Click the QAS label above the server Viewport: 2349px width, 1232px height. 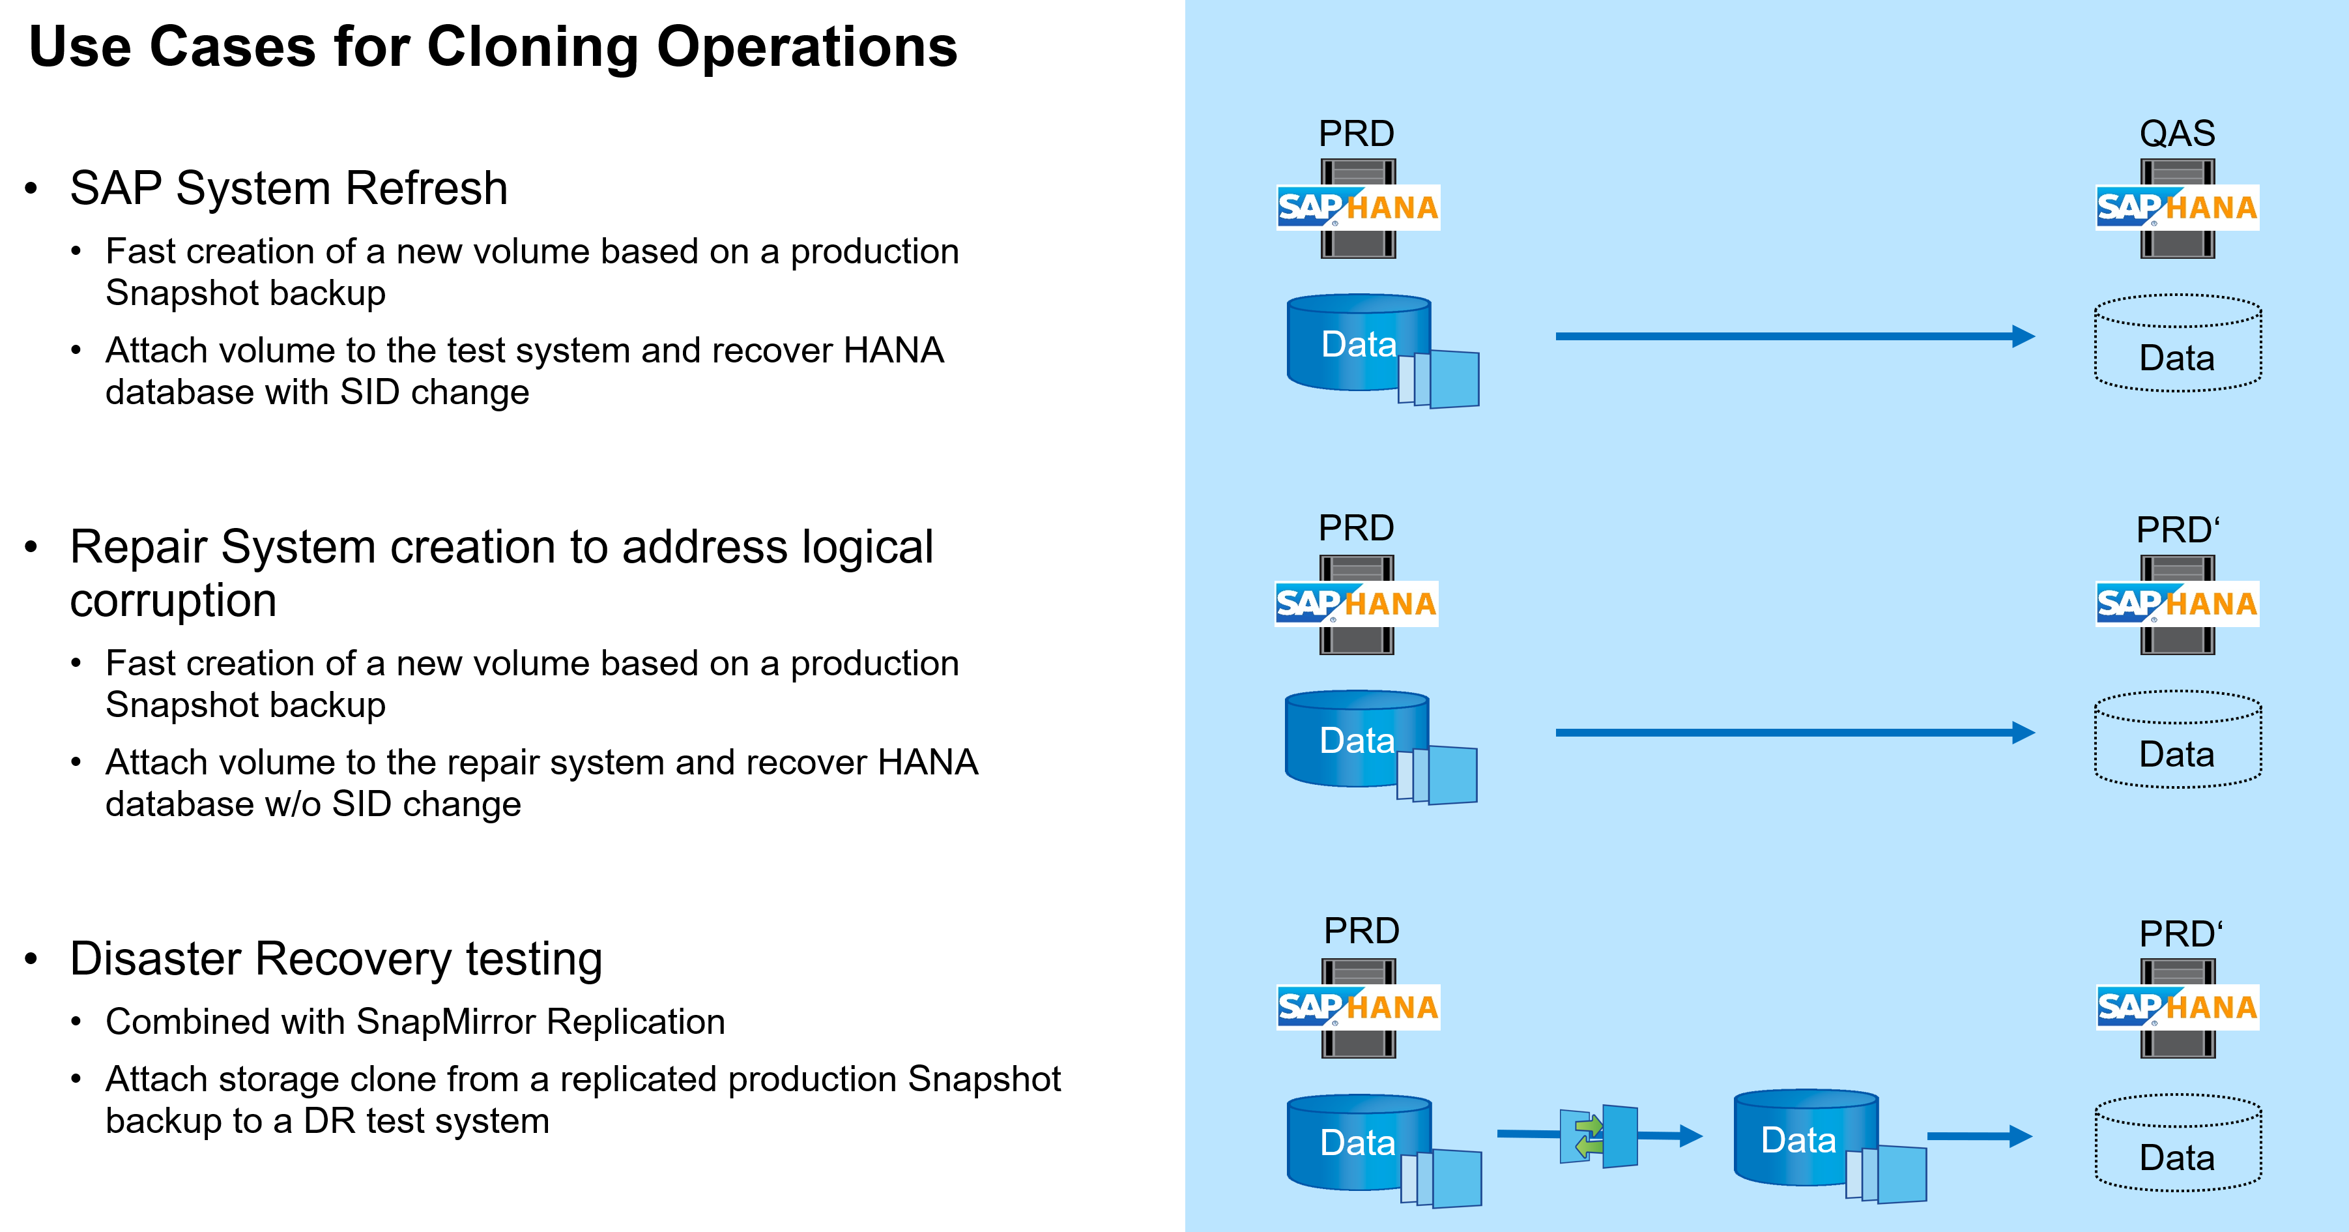point(2177,134)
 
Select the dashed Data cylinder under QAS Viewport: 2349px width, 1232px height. point(2177,344)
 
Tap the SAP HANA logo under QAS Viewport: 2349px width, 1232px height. point(2177,208)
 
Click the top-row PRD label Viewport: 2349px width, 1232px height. point(1356,134)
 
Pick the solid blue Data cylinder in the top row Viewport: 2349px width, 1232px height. point(1359,343)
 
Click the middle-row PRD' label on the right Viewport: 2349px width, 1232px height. point(2177,530)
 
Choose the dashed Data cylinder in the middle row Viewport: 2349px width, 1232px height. point(2177,740)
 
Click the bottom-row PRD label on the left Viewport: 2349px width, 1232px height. point(1361,931)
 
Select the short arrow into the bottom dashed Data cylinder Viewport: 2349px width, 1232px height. point(1979,1136)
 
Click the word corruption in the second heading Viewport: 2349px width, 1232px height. point(173,601)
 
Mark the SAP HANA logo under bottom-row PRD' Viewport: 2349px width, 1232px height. point(2177,1008)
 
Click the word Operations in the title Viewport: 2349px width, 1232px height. point(807,48)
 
